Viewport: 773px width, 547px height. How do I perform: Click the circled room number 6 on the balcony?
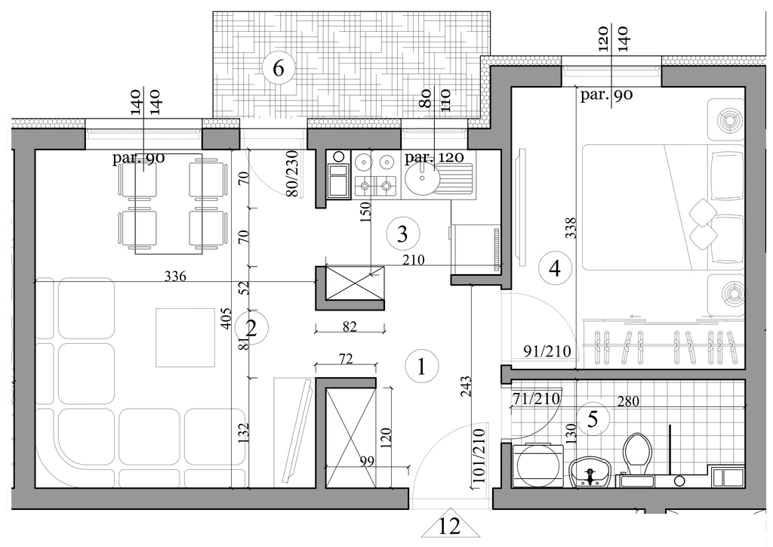[279, 69]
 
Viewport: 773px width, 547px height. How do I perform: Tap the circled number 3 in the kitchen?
[403, 233]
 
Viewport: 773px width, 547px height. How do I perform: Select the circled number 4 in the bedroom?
[555, 269]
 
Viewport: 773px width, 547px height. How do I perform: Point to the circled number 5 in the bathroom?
[593, 419]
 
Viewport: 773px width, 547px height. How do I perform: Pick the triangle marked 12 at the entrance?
[450, 522]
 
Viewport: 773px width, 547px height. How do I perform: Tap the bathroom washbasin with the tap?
[590, 472]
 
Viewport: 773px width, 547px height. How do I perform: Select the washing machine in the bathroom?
[537, 465]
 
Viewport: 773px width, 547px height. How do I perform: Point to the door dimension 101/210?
[479, 456]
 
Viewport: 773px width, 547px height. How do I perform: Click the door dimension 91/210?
[547, 351]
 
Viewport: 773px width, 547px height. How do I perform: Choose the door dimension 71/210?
[536, 398]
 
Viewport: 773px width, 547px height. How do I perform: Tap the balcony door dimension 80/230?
[293, 174]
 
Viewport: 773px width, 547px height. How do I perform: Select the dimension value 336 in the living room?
[175, 277]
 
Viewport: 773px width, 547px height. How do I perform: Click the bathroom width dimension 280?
[627, 400]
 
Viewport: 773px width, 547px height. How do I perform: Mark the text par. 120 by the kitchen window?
[434, 157]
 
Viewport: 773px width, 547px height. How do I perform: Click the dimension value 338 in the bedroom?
[571, 228]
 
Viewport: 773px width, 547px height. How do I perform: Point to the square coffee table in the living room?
[186, 338]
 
